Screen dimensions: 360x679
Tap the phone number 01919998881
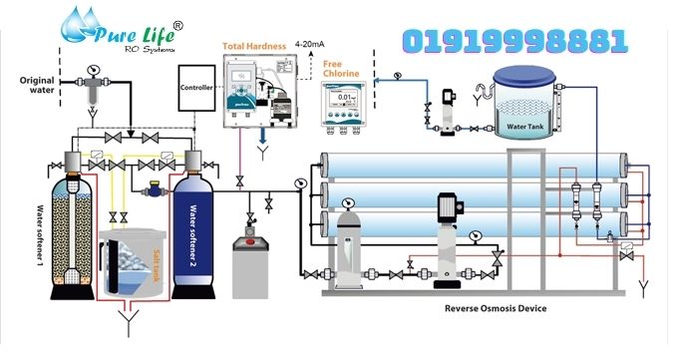click(x=514, y=42)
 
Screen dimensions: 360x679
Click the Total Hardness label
click(x=257, y=45)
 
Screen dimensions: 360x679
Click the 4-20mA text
click(x=316, y=45)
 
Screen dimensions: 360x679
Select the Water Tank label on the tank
click(x=528, y=127)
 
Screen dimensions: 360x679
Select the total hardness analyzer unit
click(x=258, y=94)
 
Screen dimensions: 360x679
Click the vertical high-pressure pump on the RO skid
click(x=446, y=235)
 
